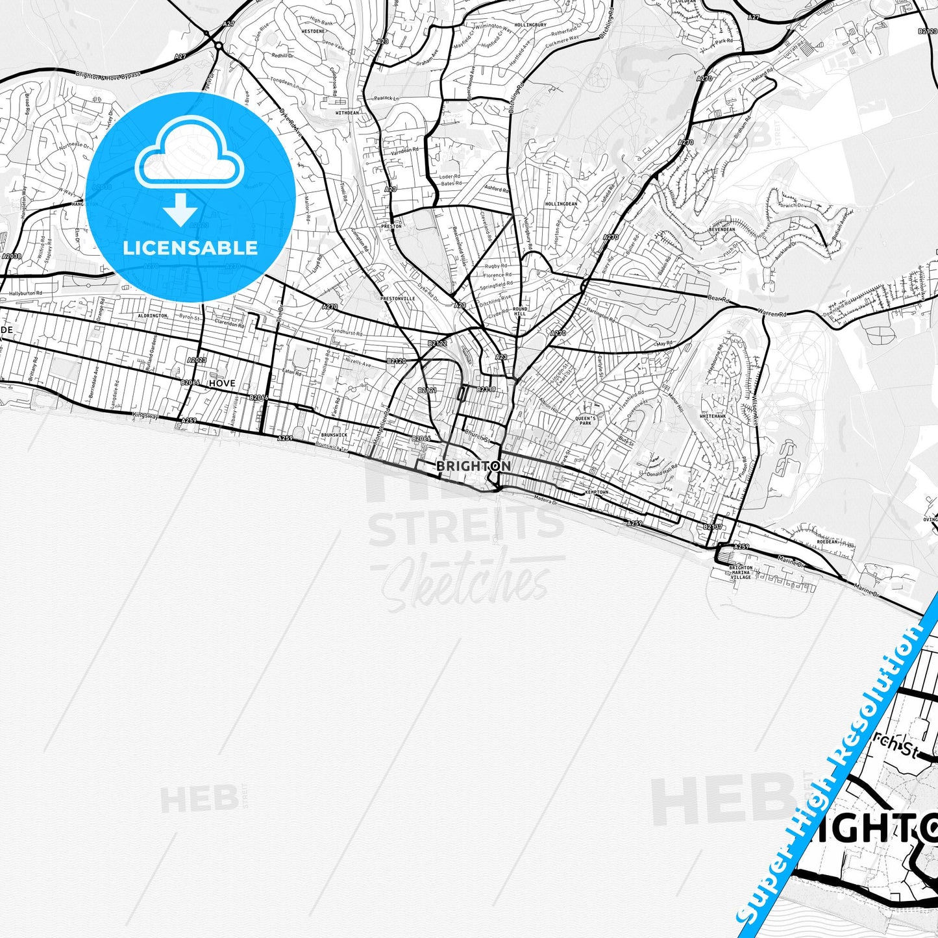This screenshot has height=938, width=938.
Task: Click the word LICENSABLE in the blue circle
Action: (190, 248)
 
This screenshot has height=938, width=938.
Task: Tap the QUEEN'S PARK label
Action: (585, 421)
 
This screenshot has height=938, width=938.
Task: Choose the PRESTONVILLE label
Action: (397, 299)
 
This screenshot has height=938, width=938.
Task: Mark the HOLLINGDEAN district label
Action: (561, 204)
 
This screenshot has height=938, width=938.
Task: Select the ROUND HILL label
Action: (520, 312)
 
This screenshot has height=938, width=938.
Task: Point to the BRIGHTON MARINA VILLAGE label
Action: (741, 572)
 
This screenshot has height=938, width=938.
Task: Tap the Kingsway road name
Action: (145, 415)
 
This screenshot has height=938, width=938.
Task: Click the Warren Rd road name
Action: (772, 314)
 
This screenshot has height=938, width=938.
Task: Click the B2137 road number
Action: (713, 526)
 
